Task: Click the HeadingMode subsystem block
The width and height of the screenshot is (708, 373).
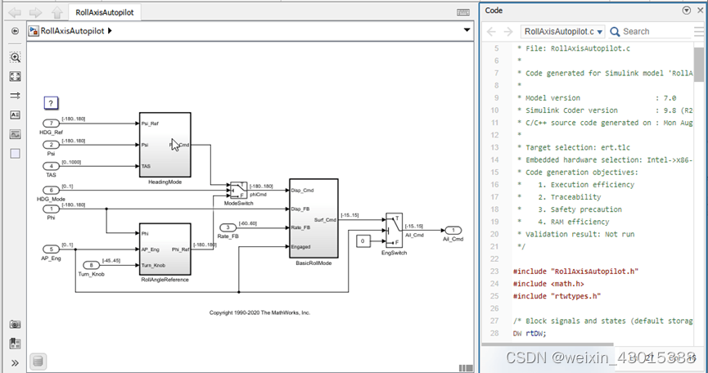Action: pos(165,145)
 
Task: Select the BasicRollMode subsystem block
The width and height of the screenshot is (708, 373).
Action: pos(313,218)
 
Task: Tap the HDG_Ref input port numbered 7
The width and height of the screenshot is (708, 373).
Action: pos(51,124)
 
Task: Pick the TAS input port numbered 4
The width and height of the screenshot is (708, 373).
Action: pos(51,166)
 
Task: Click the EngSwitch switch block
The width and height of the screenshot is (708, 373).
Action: pos(394,230)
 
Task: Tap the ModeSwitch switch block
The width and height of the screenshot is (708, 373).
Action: pos(237,190)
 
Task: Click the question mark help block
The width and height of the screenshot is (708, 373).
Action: pos(51,103)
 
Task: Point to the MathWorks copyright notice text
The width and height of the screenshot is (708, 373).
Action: pos(259,312)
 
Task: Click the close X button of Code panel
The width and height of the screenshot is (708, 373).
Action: pos(699,11)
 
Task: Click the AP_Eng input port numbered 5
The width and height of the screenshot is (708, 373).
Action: pos(51,249)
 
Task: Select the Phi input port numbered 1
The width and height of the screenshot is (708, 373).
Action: pos(51,209)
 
